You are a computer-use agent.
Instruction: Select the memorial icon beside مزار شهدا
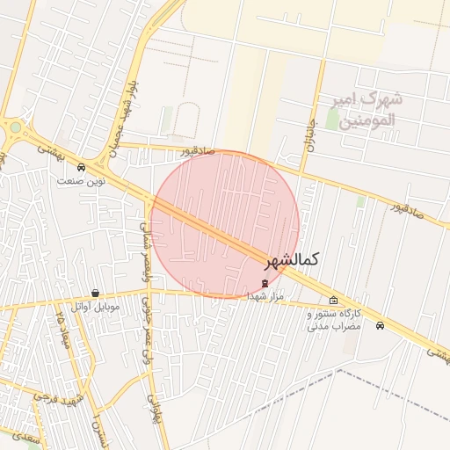[x=265, y=282]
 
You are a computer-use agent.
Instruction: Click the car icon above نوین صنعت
[x=81, y=167]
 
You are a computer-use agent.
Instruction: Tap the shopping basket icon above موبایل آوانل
[x=95, y=294]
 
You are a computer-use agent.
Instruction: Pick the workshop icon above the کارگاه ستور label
[x=333, y=301]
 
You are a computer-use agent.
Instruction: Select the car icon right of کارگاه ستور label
[x=379, y=325]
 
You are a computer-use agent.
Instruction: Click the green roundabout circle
[x=15, y=127]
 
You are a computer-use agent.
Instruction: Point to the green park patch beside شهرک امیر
[x=333, y=120]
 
